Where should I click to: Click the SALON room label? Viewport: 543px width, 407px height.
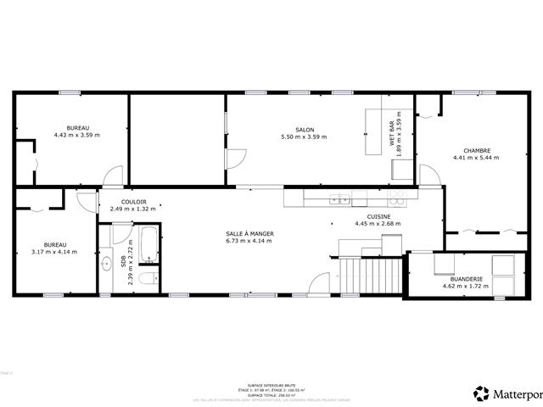(x=304, y=130)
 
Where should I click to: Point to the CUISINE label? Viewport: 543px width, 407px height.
(x=378, y=217)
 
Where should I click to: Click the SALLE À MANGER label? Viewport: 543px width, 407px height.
(x=249, y=233)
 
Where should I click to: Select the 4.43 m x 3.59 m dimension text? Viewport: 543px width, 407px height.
(x=76, y=135)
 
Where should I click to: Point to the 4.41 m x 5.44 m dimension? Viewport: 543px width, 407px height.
(x=472, y=159)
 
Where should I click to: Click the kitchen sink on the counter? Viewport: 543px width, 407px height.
(x=338, y=200)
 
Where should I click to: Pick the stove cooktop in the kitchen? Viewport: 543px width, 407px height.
(x=395, y=200)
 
